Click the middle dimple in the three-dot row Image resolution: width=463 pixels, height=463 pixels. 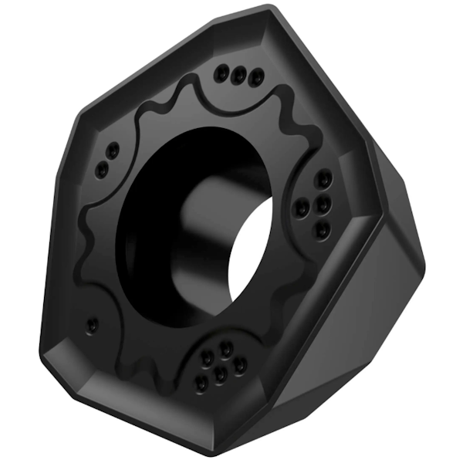tap(241, 74)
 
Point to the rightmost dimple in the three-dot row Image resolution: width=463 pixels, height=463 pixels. tap(257, 76)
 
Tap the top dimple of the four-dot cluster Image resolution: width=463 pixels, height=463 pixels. tap(324, 179)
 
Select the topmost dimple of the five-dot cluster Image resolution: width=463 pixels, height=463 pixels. tap(226, 348)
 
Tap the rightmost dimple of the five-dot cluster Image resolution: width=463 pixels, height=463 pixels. tap(242, 365)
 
